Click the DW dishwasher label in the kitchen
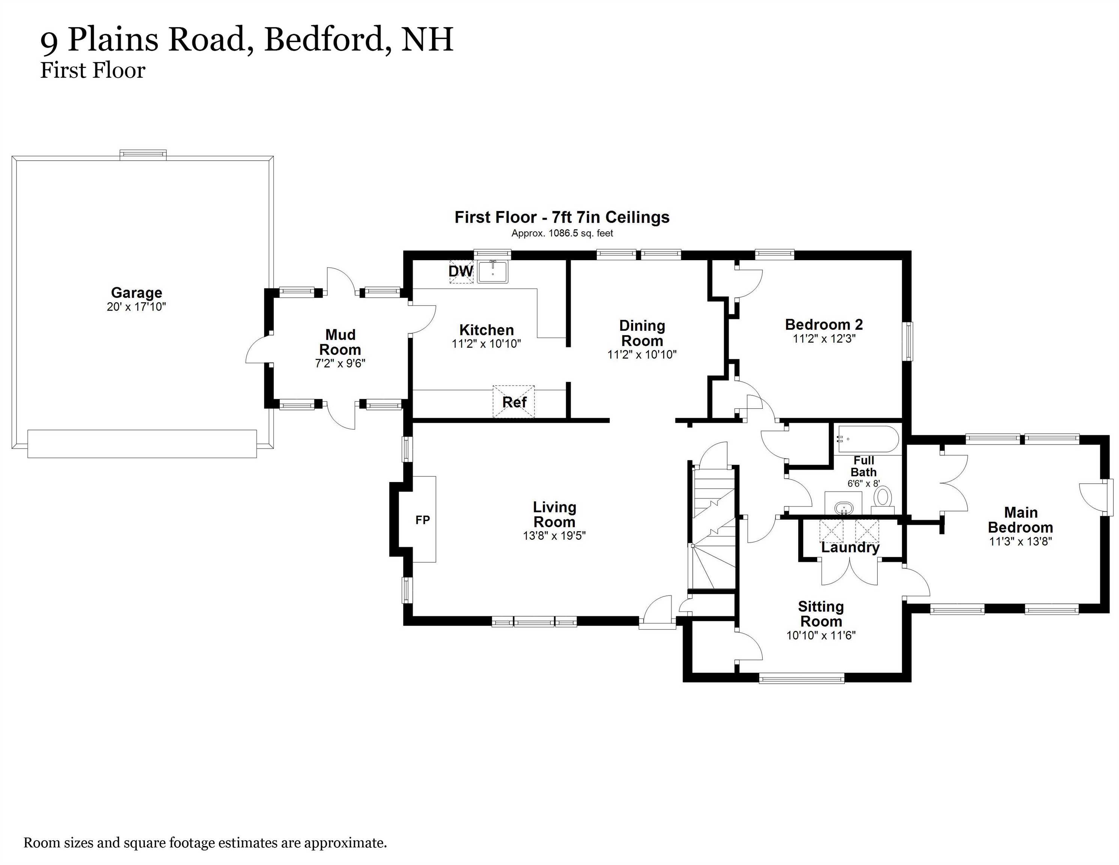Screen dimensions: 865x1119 point(461,271)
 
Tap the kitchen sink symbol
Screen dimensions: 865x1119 point(492,271)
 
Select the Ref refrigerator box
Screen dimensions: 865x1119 point(514,402)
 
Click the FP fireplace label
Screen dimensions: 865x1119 point(423,520)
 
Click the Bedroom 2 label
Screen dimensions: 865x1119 point(824,324)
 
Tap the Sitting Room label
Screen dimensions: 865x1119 point(821,614)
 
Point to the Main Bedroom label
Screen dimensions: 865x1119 point(1020,520)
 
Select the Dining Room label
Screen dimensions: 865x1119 point(642,333)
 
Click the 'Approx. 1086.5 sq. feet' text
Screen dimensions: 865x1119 point(562,233)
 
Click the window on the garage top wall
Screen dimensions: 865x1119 point(143,155)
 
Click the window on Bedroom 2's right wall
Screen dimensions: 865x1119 point(908,341)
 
